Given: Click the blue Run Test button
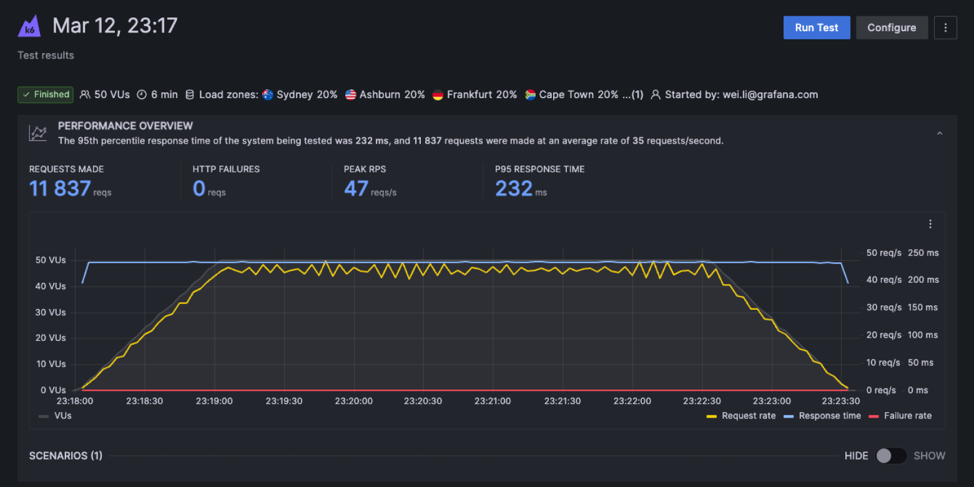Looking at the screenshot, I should click(816, 27).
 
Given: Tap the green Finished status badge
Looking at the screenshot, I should click(46, 95).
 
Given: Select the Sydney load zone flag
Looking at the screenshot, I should click(268, 95).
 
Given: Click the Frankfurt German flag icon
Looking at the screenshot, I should click(438, 95).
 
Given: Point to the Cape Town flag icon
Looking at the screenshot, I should click(530, 95).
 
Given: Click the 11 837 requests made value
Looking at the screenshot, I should click(60, 189).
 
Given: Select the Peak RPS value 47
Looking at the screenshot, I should click(356, 189).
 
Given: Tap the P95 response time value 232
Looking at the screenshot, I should click(513, 189).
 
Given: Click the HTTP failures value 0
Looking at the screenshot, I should click(199, 189).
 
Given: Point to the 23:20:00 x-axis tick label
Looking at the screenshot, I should click(354, 401).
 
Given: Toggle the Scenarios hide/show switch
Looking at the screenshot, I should click(890, 456).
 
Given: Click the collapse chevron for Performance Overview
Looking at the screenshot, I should click(940, 133).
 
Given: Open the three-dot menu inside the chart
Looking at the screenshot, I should click(930, 224).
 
